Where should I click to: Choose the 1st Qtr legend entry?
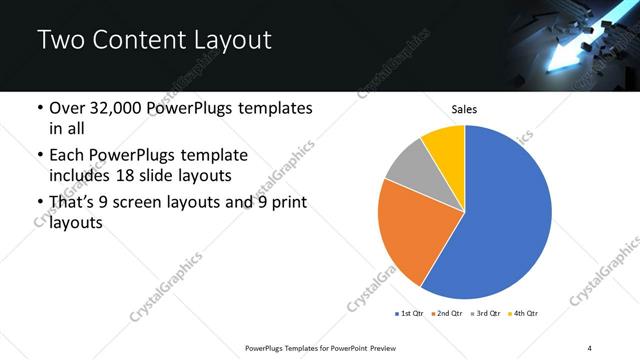point(410,314)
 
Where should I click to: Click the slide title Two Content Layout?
point(154,40)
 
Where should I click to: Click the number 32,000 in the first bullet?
point(127,108)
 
